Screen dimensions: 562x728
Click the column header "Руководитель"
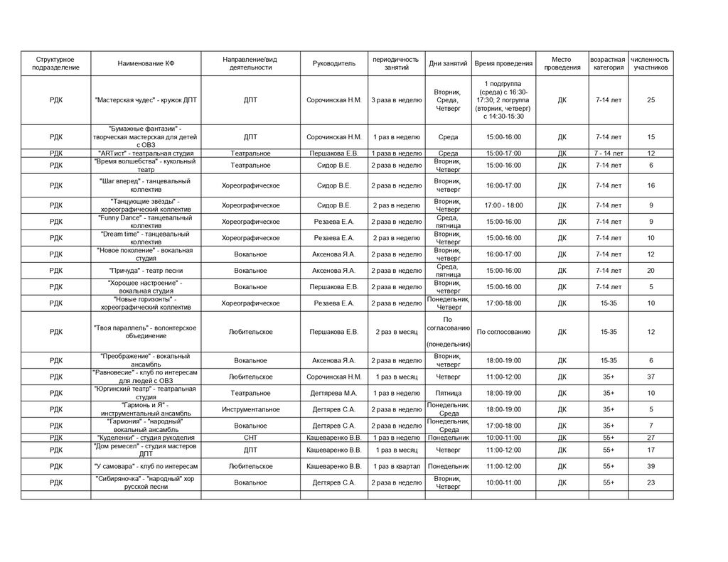tap(333, 63)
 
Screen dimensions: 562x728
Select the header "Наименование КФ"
tap(146, 63)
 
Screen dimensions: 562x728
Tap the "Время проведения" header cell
tap(503, 63)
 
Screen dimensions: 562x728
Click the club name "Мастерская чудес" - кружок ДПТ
tap(146, 100)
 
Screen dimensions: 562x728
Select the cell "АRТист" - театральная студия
tap(146, 153)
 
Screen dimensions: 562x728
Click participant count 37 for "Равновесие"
tap(651, 377)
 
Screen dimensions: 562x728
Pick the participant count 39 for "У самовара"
tap(651, 466)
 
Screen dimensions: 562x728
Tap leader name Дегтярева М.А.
tap(333, 393)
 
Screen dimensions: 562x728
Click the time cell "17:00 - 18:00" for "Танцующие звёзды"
tap(503, 205)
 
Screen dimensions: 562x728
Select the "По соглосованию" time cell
tap(503, 332)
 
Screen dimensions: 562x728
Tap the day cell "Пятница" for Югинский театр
tap(448, 393)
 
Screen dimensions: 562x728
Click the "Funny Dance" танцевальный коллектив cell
tap(146, 222)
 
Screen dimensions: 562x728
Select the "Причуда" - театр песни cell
tap(146, 271)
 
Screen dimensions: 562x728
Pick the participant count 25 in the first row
tap(651, 100)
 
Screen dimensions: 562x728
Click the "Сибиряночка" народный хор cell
tap(146, 482)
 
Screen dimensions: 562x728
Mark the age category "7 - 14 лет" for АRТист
tap(609, 153)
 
